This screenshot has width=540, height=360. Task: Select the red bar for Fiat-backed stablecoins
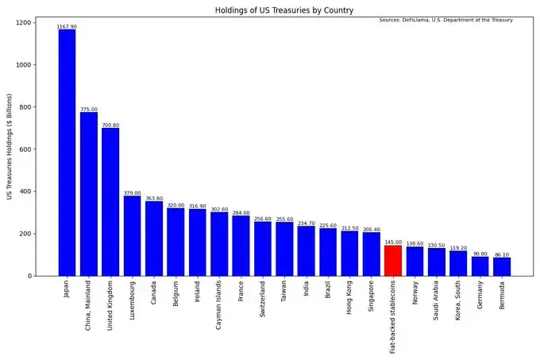coord(392,261)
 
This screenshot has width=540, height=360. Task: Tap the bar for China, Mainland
coord(89,194)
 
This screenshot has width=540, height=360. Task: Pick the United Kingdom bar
coord(110,202)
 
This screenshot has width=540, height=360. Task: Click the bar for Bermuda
coord(501,267)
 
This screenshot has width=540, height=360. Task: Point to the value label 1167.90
coord(67,27)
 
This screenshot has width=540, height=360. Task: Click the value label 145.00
coord(392,242)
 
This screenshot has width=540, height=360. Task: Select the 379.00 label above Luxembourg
coord(132,193)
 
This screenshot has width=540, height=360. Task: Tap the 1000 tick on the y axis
coord(42,65)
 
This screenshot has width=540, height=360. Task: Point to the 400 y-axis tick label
coord(44,192)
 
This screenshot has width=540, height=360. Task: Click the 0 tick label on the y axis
coord(49,276)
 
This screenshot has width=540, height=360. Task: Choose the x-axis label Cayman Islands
coord(219,306)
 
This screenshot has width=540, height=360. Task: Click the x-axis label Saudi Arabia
coord(437,304)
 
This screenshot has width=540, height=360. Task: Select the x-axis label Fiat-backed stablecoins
coord(393,317)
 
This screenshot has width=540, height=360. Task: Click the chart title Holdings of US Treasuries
coord(283,10)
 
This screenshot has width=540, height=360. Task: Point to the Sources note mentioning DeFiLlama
coord(445,20)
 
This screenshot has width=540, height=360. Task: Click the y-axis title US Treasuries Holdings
coord(10,149)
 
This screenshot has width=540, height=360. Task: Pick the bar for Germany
coord(480,266)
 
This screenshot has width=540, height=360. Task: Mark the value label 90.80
coord(480,254)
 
